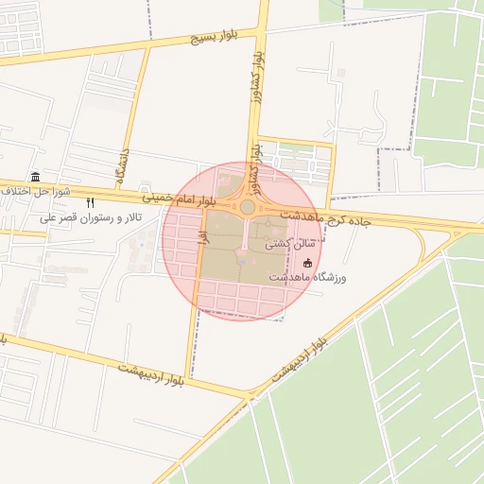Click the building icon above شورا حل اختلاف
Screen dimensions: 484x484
[35, 177]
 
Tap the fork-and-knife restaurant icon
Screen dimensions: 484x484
[91, 202]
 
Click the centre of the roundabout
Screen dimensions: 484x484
[248, 207]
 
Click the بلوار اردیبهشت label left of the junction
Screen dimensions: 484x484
[151, 372]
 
